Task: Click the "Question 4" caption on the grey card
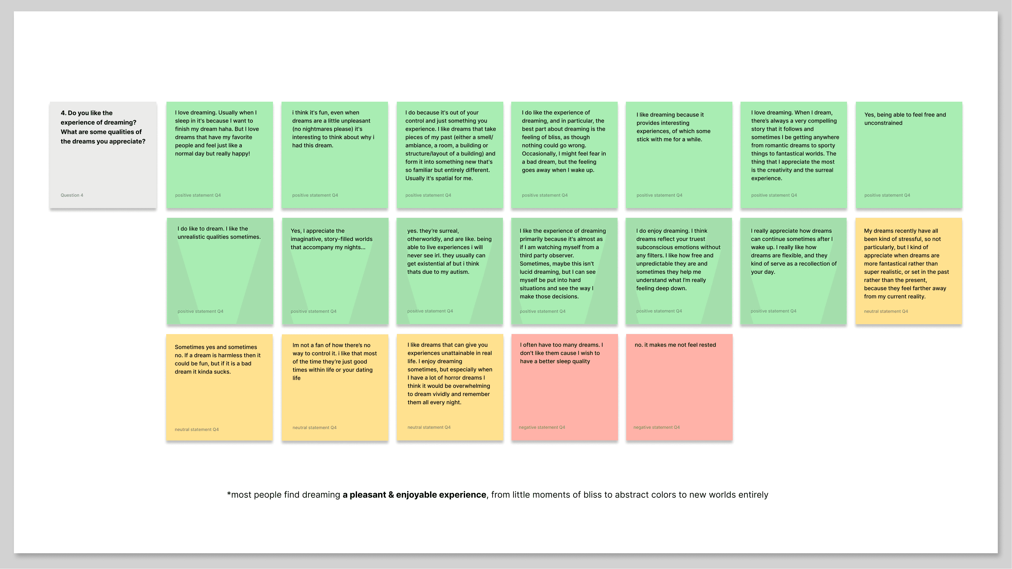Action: click(72, 195)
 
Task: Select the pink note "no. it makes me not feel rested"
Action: click(679, 387)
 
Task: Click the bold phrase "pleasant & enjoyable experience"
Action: click(418, 495)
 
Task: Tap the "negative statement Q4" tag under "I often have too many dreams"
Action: click(542, 427)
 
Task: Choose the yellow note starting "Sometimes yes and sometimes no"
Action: click(219, 387)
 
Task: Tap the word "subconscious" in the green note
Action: click(654, 247)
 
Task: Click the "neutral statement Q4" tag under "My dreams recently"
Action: click(886, 311)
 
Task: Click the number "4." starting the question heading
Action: click(63, 113)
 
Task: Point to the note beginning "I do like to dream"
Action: click(220, 271)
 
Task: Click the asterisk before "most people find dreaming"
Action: click(229, 494)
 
